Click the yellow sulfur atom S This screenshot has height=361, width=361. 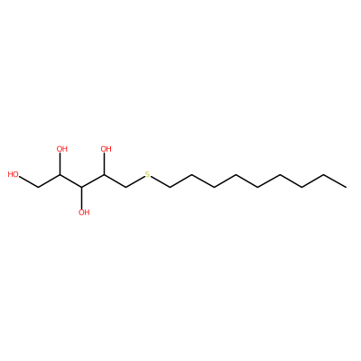pos(147,174)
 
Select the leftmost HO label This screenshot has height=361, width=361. pos(14,174)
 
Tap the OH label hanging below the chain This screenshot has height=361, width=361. pos(84,212)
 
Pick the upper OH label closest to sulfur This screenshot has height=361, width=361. pos(106,149)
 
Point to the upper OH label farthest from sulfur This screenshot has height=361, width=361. pos(62,149)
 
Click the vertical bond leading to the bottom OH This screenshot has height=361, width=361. pos(82,197)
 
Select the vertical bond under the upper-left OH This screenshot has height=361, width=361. pos(60,164)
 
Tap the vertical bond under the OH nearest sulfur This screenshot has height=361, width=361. pos(104,164)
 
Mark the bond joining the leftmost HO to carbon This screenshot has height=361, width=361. pos(29,181)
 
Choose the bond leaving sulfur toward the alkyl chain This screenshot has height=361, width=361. pos(160,182)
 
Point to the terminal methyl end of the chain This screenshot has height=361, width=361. pos(346,187)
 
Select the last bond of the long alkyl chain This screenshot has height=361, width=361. pos(335,180)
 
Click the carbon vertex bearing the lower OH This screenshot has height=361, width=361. pos(82,187)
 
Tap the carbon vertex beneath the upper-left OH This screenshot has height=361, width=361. pos(60,174)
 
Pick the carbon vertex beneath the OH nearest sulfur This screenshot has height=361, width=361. pos(104,174)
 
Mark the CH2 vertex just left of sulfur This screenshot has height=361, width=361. pos(125,187)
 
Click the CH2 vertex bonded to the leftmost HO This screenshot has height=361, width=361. pos(38,187)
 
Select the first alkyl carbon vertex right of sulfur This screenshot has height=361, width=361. pos(170,187)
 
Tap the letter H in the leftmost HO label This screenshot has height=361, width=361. pos(11,174)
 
